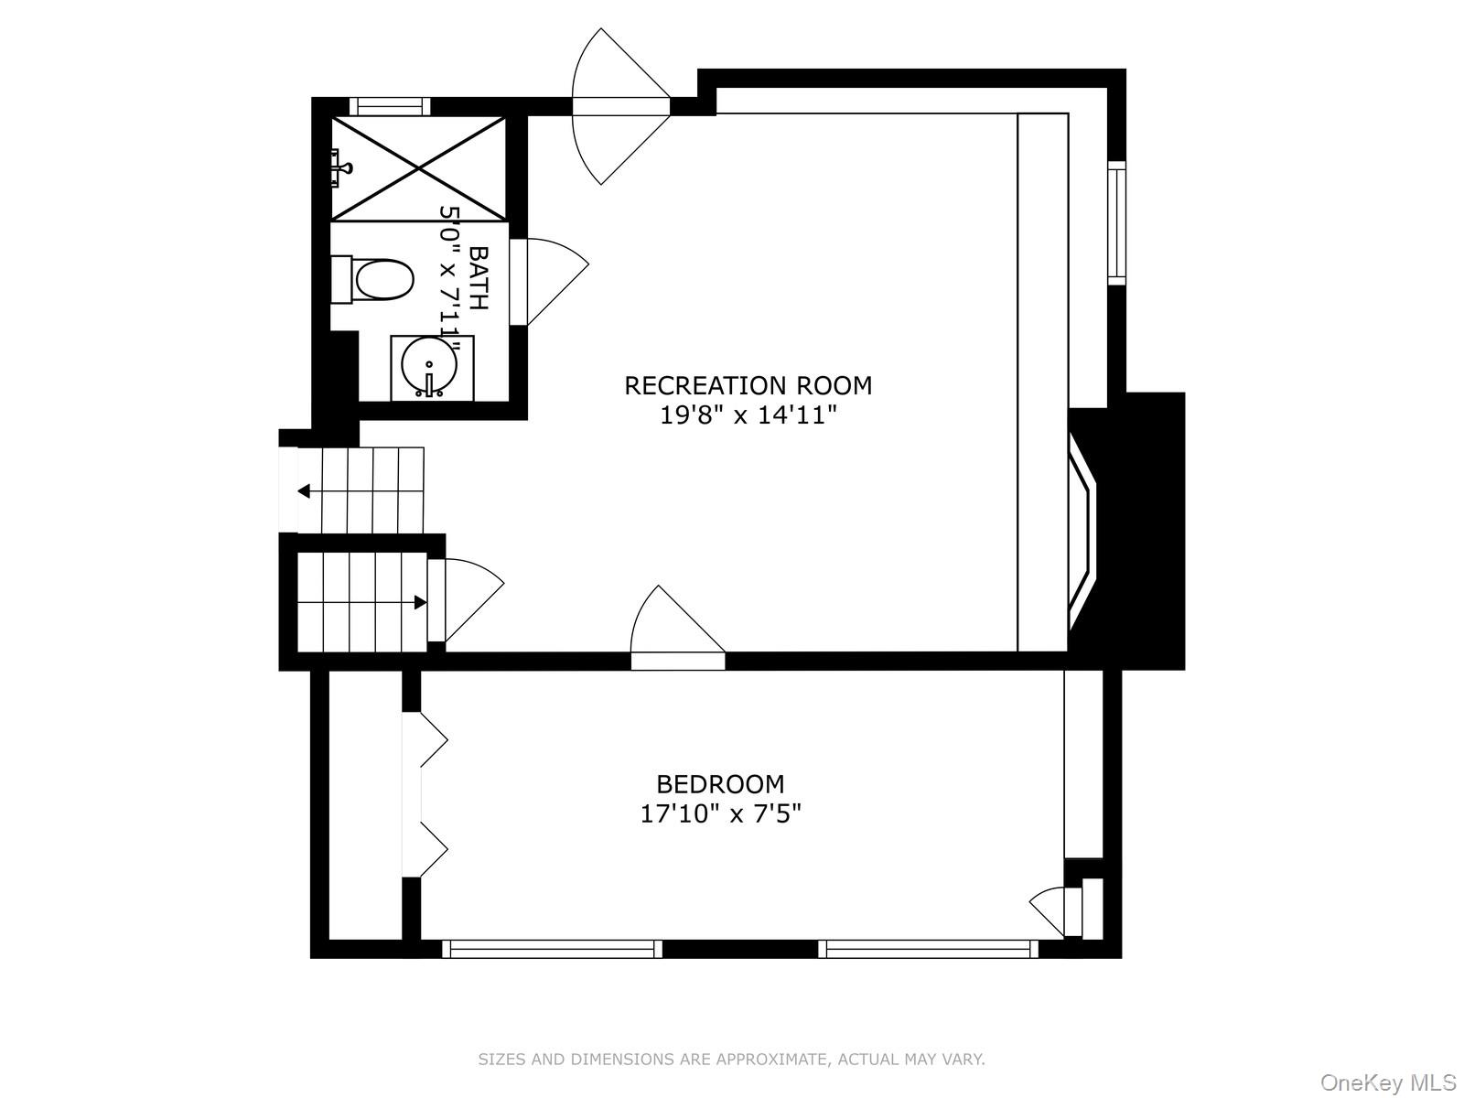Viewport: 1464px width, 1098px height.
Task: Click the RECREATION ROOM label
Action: [x=748, y=385]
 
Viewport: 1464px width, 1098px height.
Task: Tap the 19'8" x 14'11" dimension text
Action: [x=748, y=416]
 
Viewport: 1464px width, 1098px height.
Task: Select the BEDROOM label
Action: [x=720, y=784]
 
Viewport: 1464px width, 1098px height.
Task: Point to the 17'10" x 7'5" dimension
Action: [x=720, y=813]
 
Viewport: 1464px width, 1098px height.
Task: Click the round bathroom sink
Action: [x=429, y=366]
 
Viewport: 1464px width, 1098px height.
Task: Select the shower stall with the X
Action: [x=418, y=168]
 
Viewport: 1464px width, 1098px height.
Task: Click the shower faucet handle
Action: [x=342, y=167]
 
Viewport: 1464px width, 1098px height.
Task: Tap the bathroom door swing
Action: [x=549, y=280]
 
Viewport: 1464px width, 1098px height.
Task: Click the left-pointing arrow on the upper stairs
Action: [x=304, y=491]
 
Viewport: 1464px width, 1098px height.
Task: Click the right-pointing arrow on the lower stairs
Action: [x=420, y=602]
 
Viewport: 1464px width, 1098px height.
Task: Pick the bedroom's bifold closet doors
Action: [x=425, y=793]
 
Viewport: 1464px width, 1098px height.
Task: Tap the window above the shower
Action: [x=389, y=106]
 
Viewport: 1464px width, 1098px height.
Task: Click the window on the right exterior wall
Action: [x=1116, y=223]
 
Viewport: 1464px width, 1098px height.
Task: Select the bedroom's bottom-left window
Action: [x=552, y=949]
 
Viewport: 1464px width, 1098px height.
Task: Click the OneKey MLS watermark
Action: [x=1387, y=1083]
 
